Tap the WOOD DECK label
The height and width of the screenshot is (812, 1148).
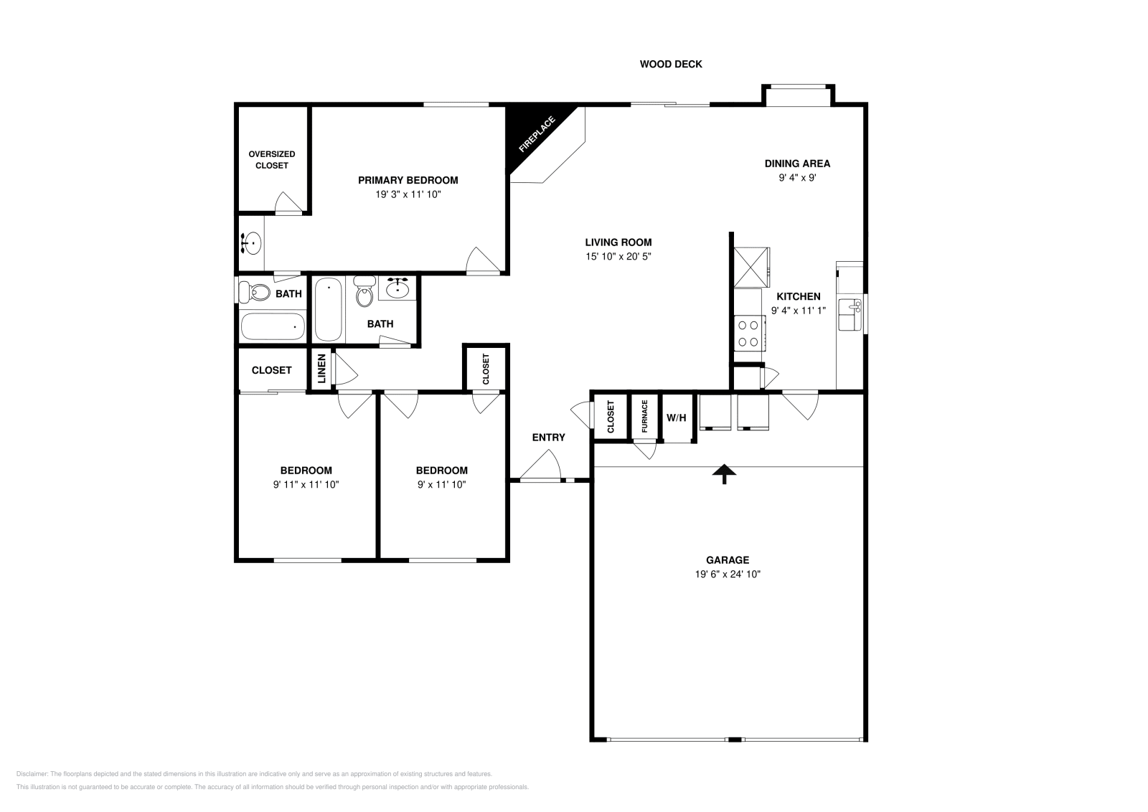tap(670, 64)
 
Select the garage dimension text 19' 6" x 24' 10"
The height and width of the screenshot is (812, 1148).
tap(728, 574)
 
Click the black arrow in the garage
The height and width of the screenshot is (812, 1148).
tap(724, 473)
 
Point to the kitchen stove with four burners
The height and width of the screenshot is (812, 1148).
tap(749, 334)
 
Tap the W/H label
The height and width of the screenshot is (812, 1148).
tap(676, 417)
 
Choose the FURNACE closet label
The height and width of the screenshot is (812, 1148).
tap(644, 417)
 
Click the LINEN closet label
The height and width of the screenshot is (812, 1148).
tap(321, 369)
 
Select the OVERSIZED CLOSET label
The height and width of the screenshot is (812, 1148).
tap(272, 159)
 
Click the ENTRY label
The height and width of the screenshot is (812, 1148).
tap(548, 437)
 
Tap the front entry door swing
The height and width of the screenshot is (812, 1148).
tap(542, 466)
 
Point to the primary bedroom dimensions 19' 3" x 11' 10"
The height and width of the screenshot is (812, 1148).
tap(408, 194)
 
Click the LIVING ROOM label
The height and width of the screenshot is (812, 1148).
tap(618, 242)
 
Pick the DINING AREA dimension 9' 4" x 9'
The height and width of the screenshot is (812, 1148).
tap(797, 177)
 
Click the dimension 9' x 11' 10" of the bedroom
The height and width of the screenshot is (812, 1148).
tap(441, 484)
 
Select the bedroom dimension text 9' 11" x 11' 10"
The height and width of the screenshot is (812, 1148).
tap(306, 484)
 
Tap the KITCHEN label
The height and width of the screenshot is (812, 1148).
tap(799, 296)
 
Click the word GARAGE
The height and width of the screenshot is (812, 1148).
tap(728, 560)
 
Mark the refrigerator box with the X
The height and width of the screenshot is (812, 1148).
tap(750, 267)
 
